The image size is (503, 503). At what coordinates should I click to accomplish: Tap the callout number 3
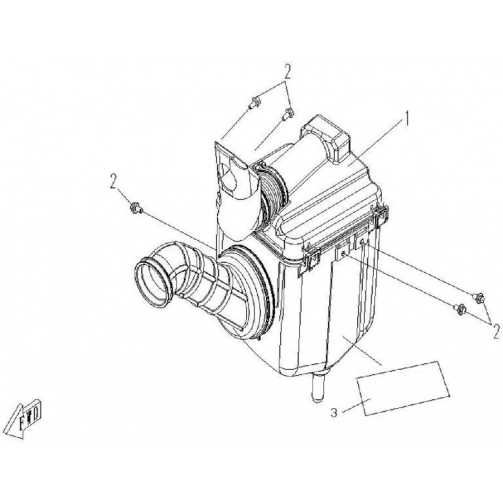click(x=334, y=412)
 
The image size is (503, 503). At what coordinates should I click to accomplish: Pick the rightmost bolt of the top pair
click(x=288, y=114)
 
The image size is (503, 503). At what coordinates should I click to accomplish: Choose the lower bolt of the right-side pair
click(x=459, y=308)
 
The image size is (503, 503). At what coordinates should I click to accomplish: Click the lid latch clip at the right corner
click(x=381, y=219)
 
